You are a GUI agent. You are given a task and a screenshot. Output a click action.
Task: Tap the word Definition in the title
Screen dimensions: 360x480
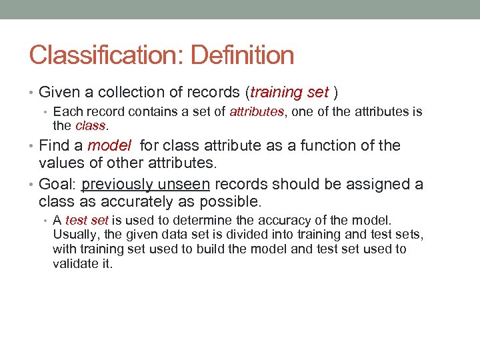tap(242, 55)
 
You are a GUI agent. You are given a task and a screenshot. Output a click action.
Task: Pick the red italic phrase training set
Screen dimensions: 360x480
tap(290, 92)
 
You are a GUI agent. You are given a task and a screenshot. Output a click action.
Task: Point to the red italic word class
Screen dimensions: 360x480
tap(90, 125)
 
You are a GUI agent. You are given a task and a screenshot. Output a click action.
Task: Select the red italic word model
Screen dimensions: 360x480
tap(109, 145)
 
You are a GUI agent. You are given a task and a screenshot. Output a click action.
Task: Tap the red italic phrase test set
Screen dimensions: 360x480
tap(87, 220)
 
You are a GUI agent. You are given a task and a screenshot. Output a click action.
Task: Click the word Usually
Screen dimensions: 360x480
tap(77, 235)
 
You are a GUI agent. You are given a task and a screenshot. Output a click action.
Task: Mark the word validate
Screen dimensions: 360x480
tap(75, 263)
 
